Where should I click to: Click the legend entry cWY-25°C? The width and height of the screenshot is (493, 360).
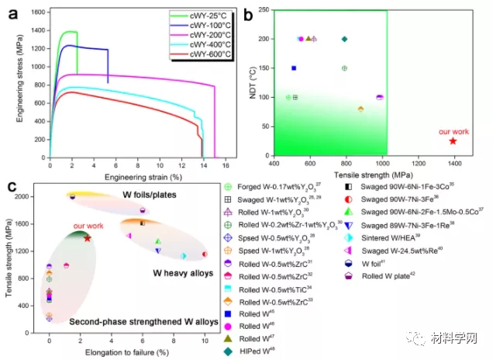pos(211,15)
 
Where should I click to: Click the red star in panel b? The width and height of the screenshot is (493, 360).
pos(453,140)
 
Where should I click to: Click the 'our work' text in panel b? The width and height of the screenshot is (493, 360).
pos(453,132)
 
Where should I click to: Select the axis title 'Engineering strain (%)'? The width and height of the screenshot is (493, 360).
pos(126,178)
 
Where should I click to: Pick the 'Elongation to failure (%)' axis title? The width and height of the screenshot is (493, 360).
pos(126,354)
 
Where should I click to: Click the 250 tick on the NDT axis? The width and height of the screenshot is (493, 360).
pos(263,10)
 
